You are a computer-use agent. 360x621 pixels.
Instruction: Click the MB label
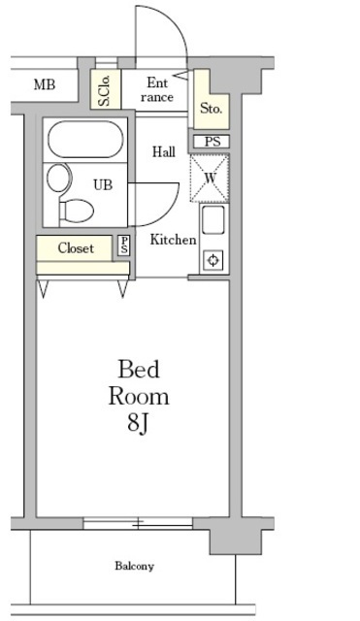(x=45, y=84)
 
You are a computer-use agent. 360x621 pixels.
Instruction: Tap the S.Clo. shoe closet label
(x=105, y=90)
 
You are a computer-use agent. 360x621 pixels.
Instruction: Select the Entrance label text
(x=157, y=90)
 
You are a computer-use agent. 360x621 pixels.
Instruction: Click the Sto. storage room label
(x=211, y=108)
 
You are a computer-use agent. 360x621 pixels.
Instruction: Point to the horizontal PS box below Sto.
(x=212, y=142)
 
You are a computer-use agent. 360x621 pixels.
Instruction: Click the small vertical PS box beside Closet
(x=124, y=245)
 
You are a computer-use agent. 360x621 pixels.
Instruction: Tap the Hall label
(x=164, y=151)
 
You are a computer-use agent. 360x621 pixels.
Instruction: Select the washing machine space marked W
(x=210, y=179)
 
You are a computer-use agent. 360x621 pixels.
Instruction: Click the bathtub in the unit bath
(x=85, y=139)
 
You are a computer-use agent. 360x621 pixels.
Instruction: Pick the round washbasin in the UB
(x=59, y=178)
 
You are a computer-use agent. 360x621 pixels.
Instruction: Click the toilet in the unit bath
(x=76, y=211)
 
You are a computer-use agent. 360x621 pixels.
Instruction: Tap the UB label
(x=103, y=184)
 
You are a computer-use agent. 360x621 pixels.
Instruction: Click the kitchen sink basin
(x=213, y=220)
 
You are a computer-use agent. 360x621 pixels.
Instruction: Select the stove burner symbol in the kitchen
(x=213, y=261)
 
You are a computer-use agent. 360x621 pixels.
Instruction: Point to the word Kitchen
(x=173, y=240)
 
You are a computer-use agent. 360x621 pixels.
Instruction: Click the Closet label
(x=76, y=248)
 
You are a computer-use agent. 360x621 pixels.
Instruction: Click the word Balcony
(x=134, y=566)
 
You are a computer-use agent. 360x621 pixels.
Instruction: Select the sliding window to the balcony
(x=138, y=523)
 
